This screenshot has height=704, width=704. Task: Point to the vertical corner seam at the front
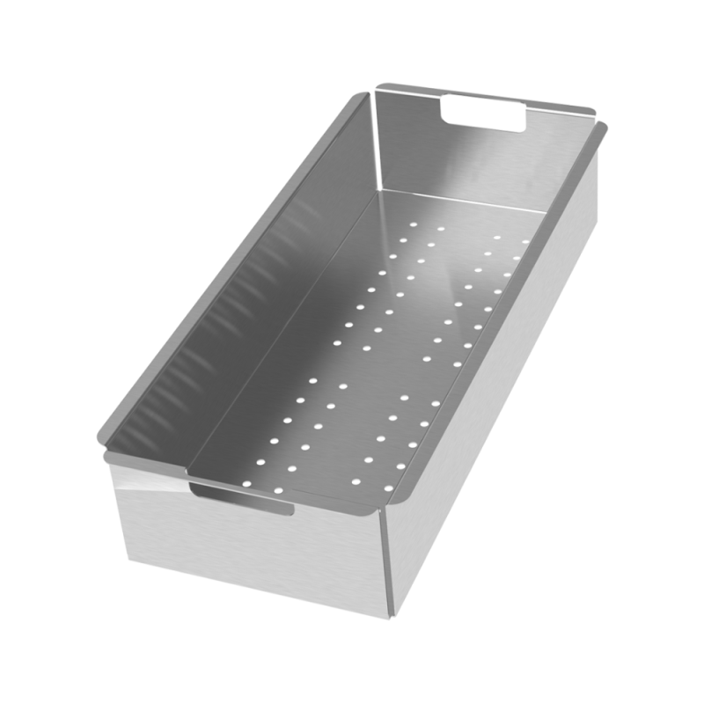(x=385, y=563)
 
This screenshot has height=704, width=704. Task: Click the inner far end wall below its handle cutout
(x=466, y=167)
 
